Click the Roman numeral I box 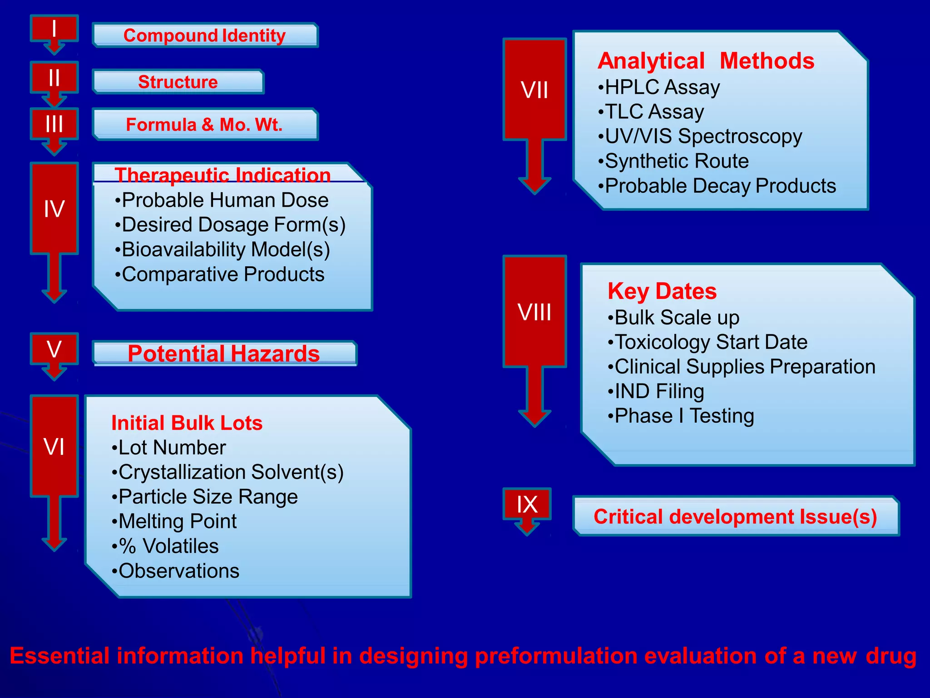[54, 29]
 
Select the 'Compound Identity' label [204, 35]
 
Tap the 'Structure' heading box [178, 82]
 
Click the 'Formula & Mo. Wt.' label [204, 125]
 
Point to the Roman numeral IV [54, 209]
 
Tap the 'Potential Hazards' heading [224, 354]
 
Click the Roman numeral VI [54, 447]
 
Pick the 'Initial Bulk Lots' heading [187, 423]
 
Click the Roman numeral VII [534, 90]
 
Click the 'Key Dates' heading [662, 291]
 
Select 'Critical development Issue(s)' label [735, 517]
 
